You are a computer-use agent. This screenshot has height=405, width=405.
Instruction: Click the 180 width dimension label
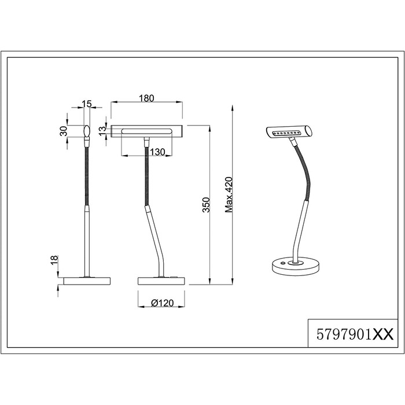pos(146,98)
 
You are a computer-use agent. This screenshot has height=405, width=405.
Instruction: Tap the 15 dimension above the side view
pos(87,104)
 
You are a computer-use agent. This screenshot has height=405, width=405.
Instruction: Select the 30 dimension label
pos(63,131)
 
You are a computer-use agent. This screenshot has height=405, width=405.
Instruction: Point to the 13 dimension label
pos(102,129)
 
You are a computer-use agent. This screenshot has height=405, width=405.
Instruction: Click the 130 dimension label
pos(157,152)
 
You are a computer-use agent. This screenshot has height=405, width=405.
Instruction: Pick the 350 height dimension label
pos(206,205)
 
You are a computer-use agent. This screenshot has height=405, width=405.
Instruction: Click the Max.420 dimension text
pos(229,194)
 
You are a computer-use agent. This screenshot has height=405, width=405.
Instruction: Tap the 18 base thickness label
pos(54,260)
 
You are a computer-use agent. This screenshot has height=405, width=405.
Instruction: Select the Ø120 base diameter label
pos(162,303)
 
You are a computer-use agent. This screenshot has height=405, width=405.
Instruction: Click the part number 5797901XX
pos(355,334)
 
